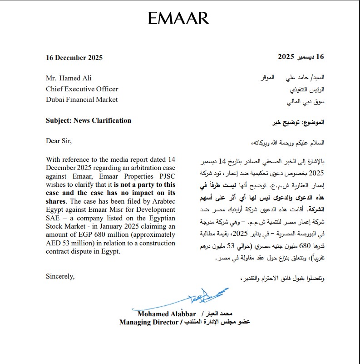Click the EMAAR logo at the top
(x=178, y=18)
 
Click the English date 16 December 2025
(x=74, y=58)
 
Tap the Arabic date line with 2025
(x=301, y=57)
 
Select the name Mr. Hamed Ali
(x=69, y=78)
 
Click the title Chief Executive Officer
(x=82, y=89)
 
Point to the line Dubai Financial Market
(x=82, y=100)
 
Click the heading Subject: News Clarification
(x=89, y=120)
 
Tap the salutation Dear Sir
(x=59, y=141)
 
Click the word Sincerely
(x=60, y=276)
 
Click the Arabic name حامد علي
(x=296, y=78)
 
